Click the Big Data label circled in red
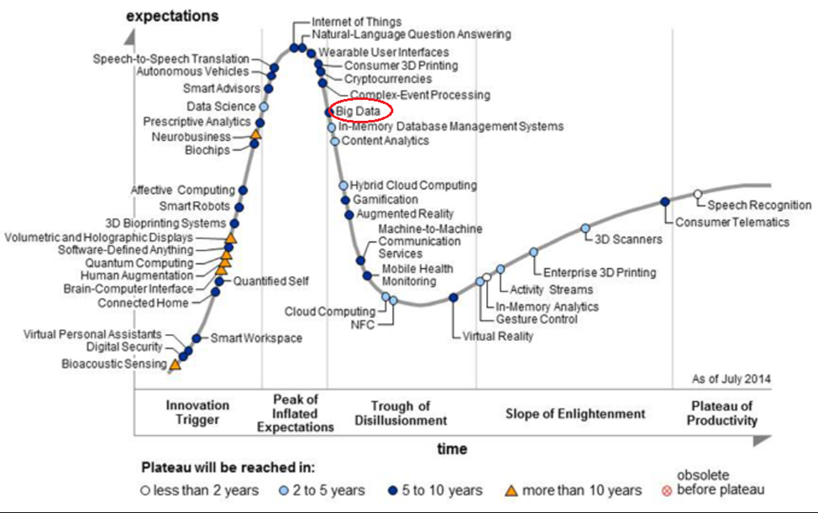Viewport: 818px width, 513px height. pos(358,111)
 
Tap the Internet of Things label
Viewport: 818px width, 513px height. pos(356,21)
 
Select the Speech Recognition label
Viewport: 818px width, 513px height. pos(759,205)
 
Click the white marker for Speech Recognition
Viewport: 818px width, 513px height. pos(698,195)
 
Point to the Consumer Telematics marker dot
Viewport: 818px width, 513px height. pos(665,202)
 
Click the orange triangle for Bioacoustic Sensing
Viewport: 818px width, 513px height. pos(175,364)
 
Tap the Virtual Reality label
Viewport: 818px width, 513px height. pos(498,337)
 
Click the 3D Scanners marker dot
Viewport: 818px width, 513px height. pos(585,228)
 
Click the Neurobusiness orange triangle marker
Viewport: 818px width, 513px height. pos(255,134)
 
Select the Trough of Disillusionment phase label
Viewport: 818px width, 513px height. pos(401,413)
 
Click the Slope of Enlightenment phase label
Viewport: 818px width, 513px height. pos(575,413)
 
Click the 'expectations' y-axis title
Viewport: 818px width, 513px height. pos(172,16)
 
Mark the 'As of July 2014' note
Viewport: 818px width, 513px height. pos(731,380)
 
